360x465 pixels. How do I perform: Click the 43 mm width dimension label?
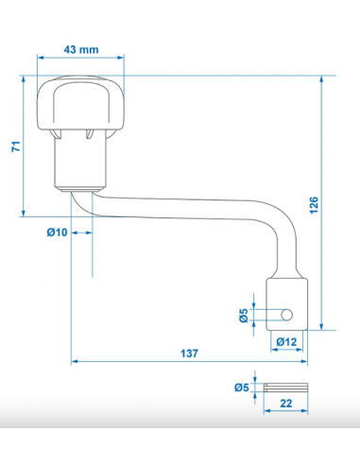click(x=81, y=50)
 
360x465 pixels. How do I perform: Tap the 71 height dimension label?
click(x=16, y=146)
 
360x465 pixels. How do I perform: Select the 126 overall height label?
click(x=314, y=205)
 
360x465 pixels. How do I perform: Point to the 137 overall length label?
click(x=189, y=353)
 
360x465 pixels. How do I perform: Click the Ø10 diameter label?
click(x=57, y=232)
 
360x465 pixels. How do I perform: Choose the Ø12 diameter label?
click(x=286, y=342)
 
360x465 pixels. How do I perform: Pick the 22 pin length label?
click(x=285, y=404)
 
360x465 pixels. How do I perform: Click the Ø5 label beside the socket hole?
click(x=244, y=316)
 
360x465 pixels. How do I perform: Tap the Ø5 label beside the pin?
click(x=242, y=387)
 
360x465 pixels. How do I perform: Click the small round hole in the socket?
click(x=286, y=315)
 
